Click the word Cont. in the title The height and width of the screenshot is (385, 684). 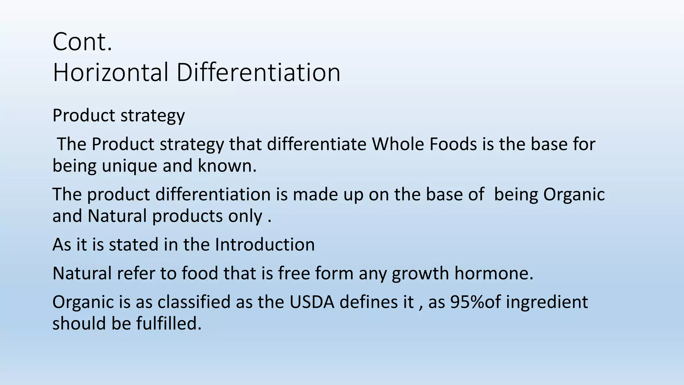(82, 42)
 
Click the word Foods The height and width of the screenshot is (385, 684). (453, 144)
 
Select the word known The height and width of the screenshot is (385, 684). (227, 166)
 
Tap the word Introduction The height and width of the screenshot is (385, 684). (265, 245)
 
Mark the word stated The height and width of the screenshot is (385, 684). (134, 245)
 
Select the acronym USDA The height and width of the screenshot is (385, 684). (312, 302)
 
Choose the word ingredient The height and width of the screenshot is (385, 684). (547, 302)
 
